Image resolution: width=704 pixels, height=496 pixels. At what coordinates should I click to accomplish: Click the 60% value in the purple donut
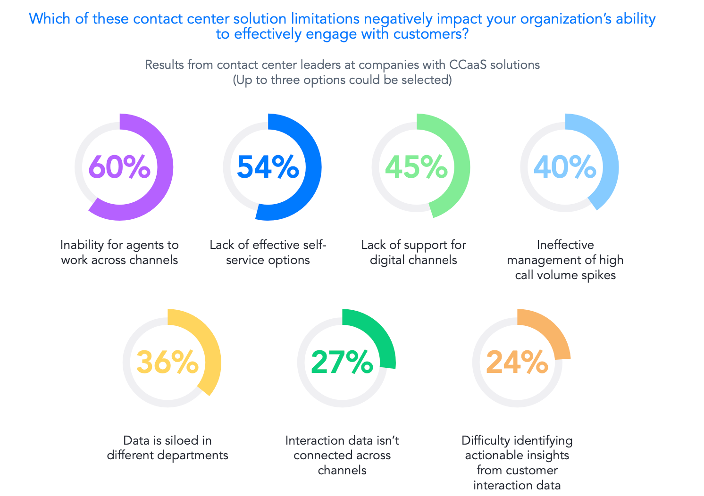coord(119,167)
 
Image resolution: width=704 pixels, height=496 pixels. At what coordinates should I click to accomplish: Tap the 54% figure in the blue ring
coord(268,167)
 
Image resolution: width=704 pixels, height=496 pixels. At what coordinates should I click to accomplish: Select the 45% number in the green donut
coord(416,167)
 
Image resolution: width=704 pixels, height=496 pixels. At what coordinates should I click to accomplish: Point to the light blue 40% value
coord(565,167)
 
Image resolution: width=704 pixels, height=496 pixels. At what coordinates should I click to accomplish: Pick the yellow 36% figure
coord(168,362)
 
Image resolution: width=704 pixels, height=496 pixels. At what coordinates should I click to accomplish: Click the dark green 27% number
coord(342,362)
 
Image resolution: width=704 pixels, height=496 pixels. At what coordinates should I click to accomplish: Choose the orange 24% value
coord(517,362)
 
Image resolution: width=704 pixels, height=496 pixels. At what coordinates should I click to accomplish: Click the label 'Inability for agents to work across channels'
coord(119,252)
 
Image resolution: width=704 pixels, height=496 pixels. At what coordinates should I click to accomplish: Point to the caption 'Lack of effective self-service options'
coord(268,252)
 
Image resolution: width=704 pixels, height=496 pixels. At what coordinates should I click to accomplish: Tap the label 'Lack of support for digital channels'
coord(413,252)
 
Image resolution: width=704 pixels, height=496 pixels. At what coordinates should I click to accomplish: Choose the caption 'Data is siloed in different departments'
coord(168,447)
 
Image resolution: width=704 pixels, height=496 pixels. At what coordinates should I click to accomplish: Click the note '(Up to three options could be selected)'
coord(342,80)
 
